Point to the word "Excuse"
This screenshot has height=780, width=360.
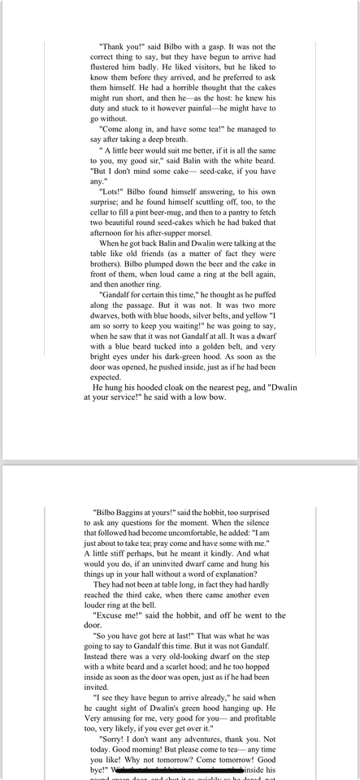tap(115, 615)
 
